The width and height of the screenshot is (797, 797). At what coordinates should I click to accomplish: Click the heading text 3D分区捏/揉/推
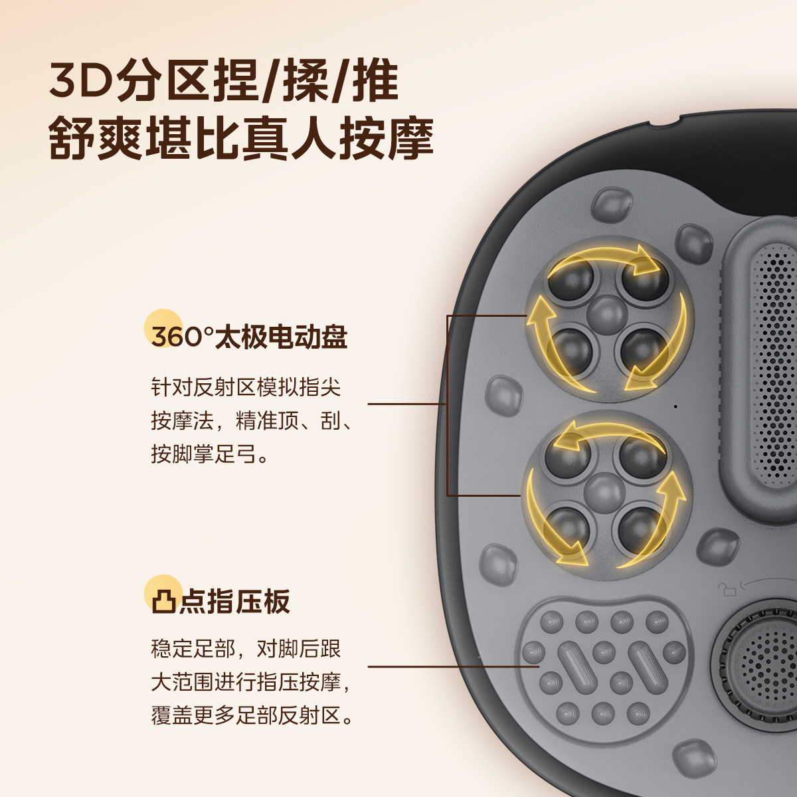pos(224,82)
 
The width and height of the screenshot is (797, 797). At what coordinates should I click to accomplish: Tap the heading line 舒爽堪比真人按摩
pos(242,138)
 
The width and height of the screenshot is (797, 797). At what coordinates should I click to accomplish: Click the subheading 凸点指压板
pos(220,602)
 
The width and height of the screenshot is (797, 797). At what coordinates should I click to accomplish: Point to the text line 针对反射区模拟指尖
pos(246,387)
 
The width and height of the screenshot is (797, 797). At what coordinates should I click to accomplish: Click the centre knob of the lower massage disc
pos(604,492)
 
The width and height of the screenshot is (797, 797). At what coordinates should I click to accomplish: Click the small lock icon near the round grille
pos(728,586)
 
